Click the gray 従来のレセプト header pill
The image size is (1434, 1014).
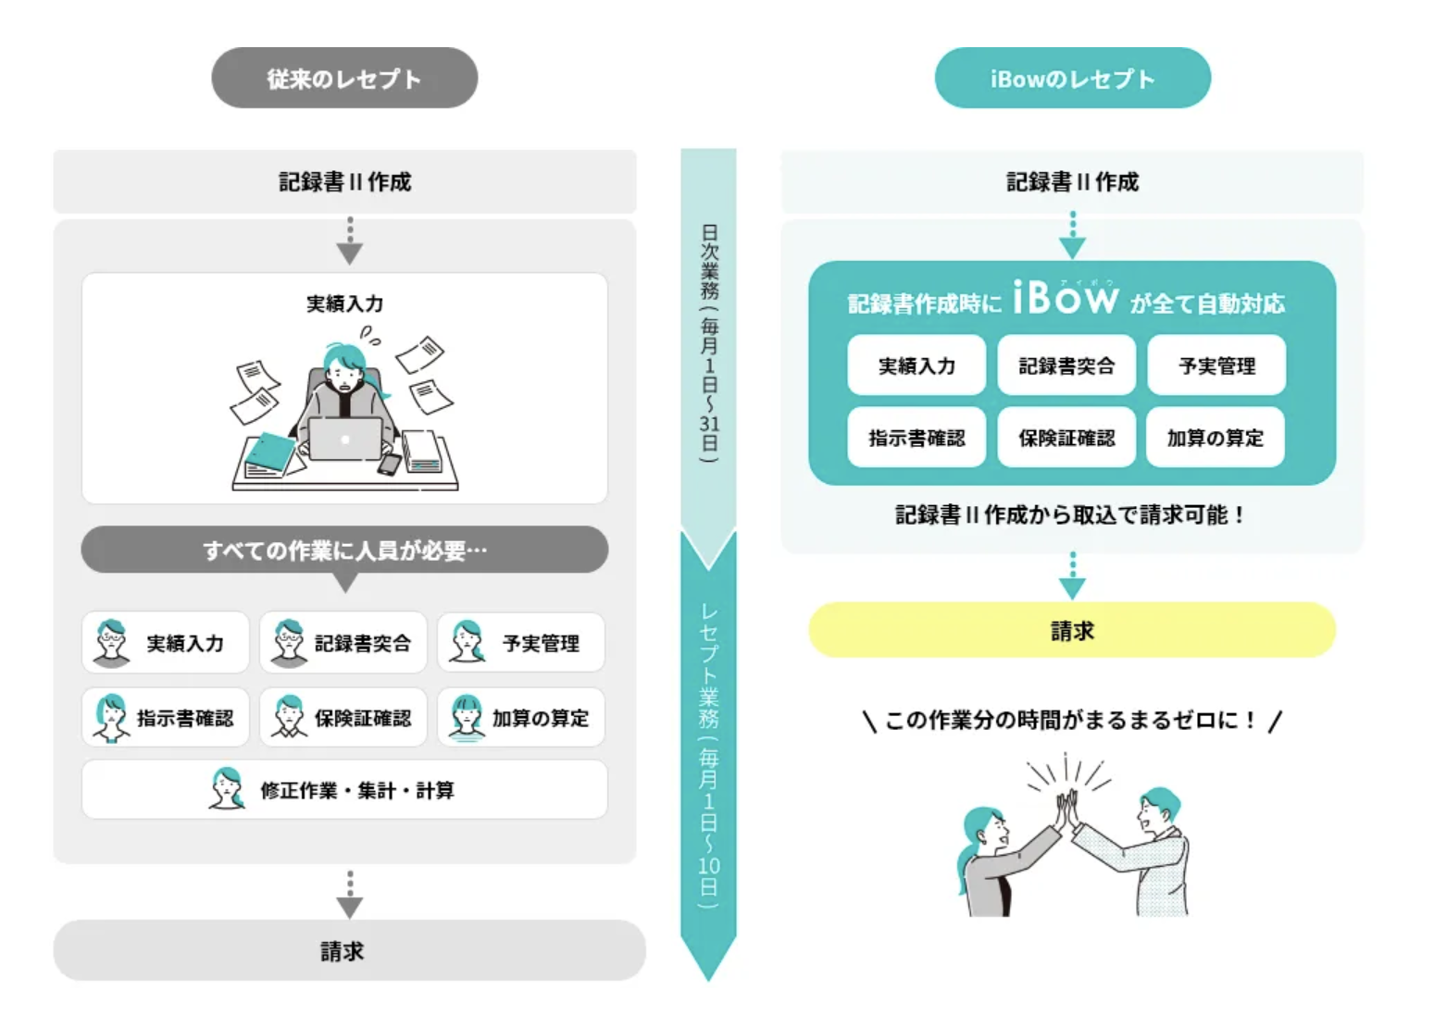pos(344,79)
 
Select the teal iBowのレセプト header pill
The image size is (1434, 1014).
pos(1072,79)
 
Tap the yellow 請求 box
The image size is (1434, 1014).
pos(1072,631)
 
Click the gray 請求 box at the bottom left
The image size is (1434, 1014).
pos(348,950)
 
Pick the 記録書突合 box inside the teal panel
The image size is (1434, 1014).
pos(1066,365)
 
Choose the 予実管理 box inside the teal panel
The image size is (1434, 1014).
pos(1216,365)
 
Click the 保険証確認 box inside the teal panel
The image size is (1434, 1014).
pos(1066,438)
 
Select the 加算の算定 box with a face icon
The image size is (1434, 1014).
pos(521,718)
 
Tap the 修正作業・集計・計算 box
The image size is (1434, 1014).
pos(344,790)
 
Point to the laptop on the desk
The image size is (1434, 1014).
pos(344,439)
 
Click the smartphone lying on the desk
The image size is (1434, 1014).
pos(389,464)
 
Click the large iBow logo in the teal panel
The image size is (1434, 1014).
pos(1066,298)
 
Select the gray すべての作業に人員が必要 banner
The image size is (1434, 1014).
pos(344,550)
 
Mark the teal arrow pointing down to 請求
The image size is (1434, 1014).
pos(1072,578)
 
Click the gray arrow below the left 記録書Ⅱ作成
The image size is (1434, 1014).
pos(349,242)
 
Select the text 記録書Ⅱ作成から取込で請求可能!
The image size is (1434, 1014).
pos(1070,515)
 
